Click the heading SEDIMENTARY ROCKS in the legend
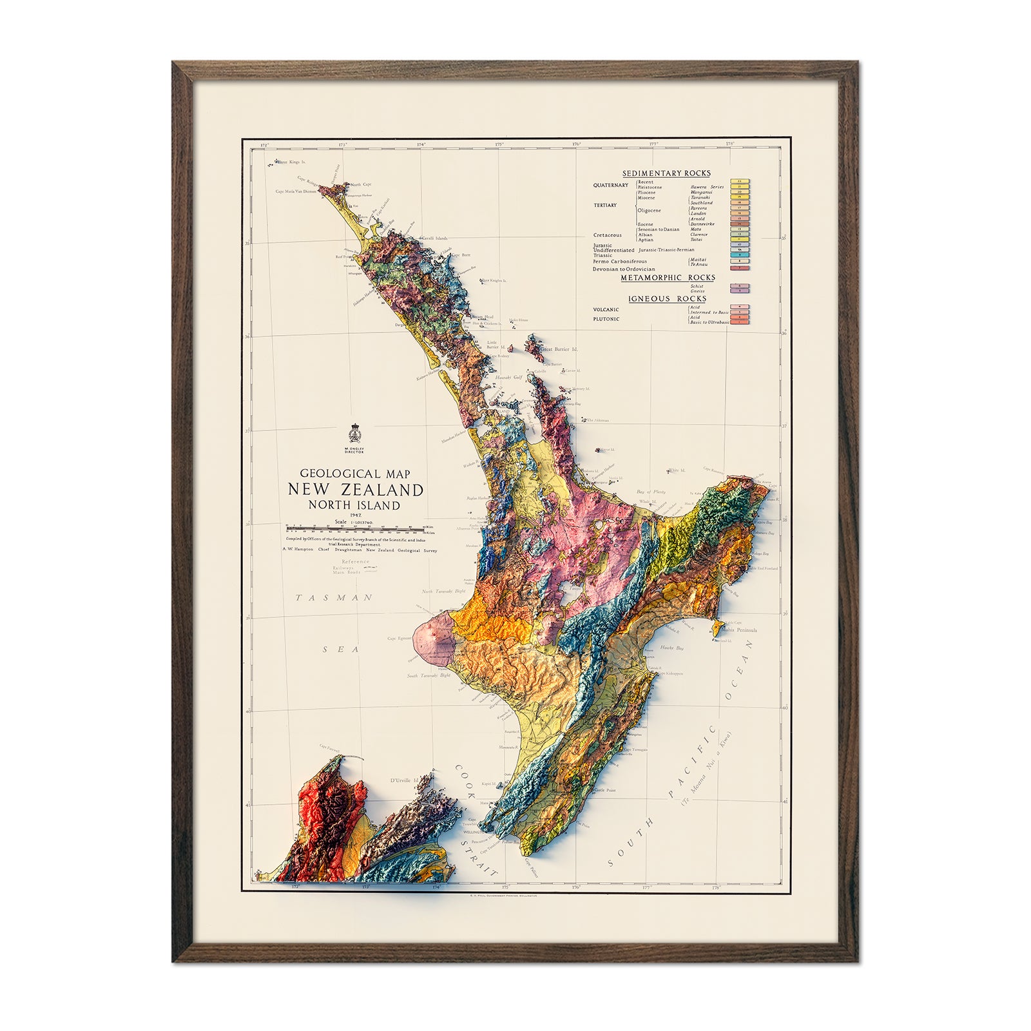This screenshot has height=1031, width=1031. point(666,173)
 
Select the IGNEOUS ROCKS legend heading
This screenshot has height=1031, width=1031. point(667,299)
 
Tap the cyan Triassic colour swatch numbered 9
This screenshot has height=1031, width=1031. point(740,255)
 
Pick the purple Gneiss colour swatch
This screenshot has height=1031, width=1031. point(740,291)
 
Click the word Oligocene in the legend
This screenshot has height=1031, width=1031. point(649,211)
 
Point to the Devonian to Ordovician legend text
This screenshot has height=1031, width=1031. point(624,269)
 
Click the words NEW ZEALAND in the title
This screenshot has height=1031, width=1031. point(356,490)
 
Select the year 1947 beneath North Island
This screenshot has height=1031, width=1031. point(354,515)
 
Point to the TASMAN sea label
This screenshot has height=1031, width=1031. point(334,598)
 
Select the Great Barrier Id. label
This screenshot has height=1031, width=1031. point(559,349)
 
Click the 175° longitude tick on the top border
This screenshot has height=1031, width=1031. point(499,145)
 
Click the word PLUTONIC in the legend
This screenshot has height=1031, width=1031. point(606,319)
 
